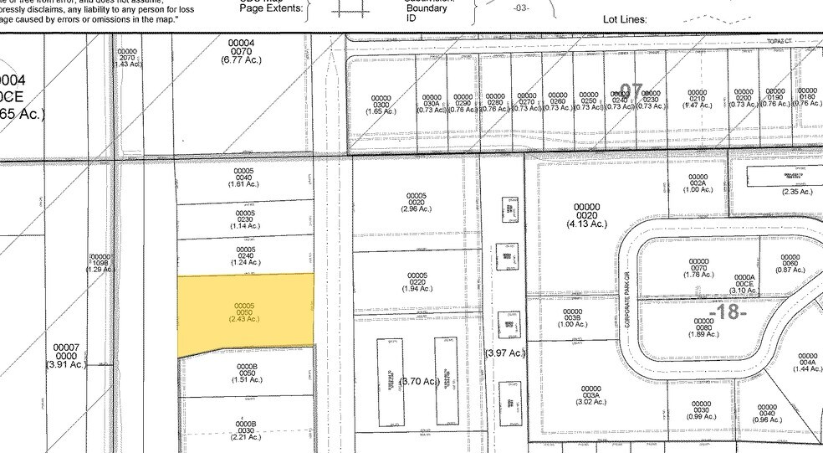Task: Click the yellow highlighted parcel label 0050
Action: (243, 311)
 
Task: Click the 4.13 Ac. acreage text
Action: (586, 224)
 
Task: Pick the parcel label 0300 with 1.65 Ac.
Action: (381, 104)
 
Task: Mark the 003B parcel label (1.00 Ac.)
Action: (572, 317)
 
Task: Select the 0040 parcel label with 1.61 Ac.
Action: (244, 177)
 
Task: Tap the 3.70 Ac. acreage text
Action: (420, 381)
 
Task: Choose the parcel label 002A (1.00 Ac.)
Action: (698, 183)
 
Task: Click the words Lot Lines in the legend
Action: (631, 18)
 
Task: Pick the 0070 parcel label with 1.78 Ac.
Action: (698, 267)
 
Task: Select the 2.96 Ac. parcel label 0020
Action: (417, 202)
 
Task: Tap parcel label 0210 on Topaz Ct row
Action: (697, 99)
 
